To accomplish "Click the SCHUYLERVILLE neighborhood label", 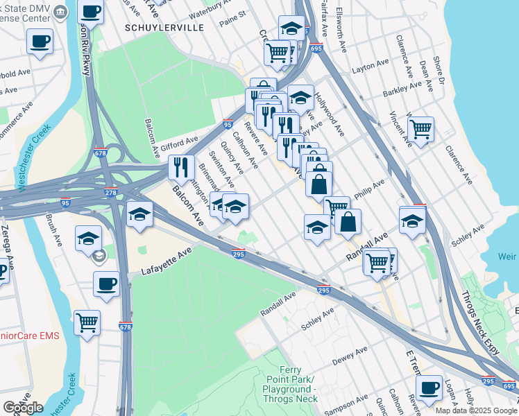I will point(164,27).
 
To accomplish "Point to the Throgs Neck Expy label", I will point(484,323).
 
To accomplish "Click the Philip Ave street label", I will point(368,191).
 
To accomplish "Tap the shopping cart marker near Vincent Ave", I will point(420,129).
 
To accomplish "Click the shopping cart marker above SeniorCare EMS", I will point(87,321).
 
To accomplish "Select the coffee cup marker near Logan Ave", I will point(429,387).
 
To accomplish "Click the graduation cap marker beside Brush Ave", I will point(88,238).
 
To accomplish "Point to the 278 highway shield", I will point(111,192).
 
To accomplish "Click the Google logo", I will point(23,408).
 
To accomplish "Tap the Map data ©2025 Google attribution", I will point(476,410).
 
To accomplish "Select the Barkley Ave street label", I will point(402,89).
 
